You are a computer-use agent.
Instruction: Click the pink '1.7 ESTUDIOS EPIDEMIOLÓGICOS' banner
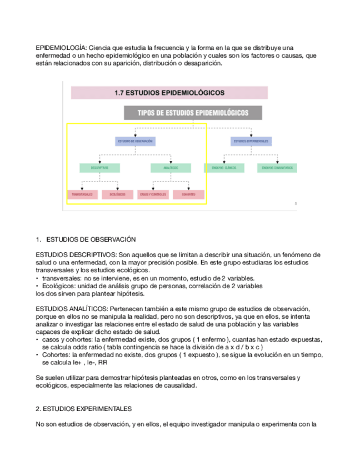[x=169, y=93]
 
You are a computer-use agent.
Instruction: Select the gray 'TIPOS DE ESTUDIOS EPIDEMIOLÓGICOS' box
[x=193, y=113]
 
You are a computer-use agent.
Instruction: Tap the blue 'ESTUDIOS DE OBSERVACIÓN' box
[x=136, y=142]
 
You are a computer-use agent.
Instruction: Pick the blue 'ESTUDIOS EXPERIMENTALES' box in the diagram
[x=251, y=142]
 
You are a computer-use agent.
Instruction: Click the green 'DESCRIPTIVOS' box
[x=100, y=167]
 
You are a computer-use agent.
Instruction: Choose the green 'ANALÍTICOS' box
[x=171, y=167]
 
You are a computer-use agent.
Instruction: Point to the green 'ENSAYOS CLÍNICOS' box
[x=224, y=167]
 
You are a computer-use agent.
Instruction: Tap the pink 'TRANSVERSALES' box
[x=82, y=194]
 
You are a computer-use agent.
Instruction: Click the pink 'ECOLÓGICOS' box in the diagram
[x=118, y=194]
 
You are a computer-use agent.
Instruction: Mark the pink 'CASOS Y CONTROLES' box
[x=153, y=194]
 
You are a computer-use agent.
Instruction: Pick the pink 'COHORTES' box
[x=188, y=194]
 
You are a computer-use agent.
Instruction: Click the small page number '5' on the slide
[x=296, y=204]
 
